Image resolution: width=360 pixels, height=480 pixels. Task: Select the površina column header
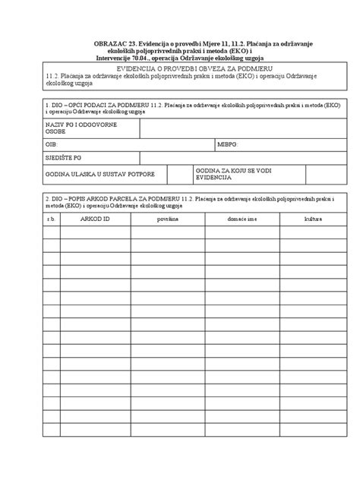click(168, 219)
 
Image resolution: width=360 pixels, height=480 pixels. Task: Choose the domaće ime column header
click(241, 219)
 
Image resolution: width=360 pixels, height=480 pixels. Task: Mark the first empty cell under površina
click(168, 232)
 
